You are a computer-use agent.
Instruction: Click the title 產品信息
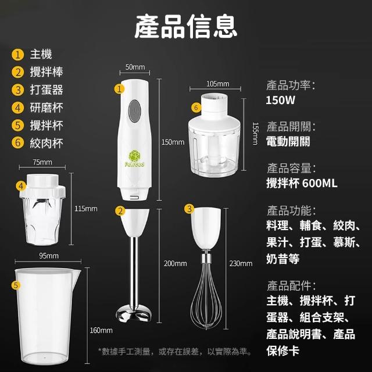point(186,26)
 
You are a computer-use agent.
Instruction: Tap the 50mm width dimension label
point(135,67)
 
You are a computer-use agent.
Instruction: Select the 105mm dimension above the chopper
point(218,84)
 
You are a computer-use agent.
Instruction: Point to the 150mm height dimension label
point(173,142)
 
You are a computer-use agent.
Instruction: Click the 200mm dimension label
point(176,263)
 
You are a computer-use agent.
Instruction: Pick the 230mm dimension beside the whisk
point(241,263)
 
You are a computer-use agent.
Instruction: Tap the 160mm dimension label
point(101,330)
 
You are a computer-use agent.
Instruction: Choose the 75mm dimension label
point(42,162)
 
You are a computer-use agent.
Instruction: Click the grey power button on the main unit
point(135,111)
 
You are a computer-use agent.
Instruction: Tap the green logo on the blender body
point(134,158)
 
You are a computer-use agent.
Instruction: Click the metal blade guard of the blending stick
point(134,314)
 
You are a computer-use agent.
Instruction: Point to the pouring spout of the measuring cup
point(77,273)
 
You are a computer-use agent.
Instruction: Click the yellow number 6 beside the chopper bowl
point(196,108)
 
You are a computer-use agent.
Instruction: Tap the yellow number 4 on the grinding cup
point(21,186)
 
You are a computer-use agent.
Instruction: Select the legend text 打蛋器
point(46,90)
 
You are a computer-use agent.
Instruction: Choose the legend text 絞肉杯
point(46,143)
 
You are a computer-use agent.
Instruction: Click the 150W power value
point(280,100)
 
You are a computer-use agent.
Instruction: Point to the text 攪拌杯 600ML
point(302,183)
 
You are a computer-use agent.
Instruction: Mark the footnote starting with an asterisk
point(176,351)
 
